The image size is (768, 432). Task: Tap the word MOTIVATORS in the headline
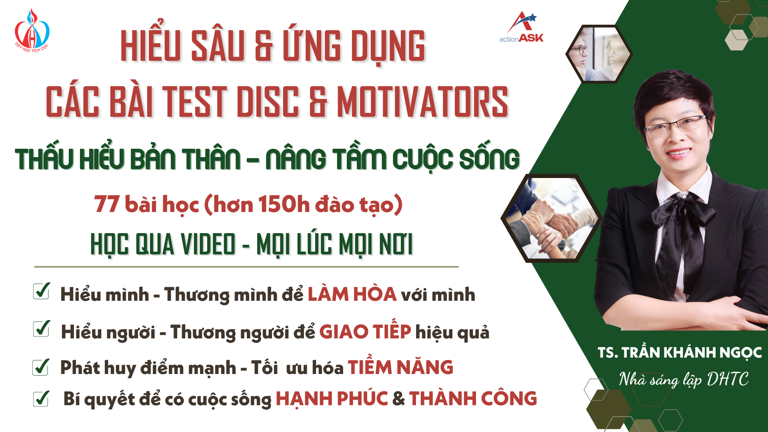pyautogui.click(x=422, y=102)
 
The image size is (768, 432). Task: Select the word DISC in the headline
pyautogui.click(x=268, y=102)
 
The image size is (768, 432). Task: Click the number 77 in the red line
pyautogui.click(x=107, y=204)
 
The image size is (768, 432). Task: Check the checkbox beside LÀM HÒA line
pyautogui.click(x=42, y=291)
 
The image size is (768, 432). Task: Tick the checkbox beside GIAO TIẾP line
pyautogui.click(x=42, y=328)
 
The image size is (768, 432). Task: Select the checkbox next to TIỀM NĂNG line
pyautogui.click(x=41, y=367)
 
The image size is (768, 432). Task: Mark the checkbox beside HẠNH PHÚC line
pyautogui.click(x=41, y=398)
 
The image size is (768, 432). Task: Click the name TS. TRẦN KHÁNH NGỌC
pyautogui.click(x=680, y=352)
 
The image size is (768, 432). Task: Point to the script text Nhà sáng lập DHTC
pyautogui.click(x=684, y=379)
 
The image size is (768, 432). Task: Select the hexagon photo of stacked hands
pyautogui.click(x=552, y=218)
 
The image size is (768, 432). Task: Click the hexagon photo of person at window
pyautogui.click(x=599, y=54)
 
